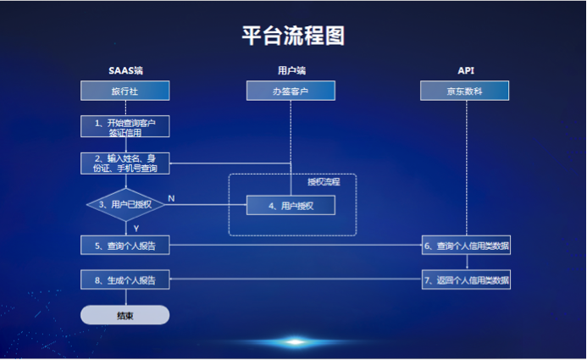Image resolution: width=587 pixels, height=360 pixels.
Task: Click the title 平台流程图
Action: click(x=293, y=36)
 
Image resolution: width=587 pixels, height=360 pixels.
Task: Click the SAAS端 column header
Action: click(x=125, y=69)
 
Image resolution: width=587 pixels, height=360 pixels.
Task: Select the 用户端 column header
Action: click(x=291, y=69)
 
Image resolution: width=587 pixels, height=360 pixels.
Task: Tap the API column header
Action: click(x=465, y=69)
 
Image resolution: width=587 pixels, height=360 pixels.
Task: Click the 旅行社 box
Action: click(x=125, y=91)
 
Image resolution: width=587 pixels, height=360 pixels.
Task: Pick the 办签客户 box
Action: click(x=291, y=91)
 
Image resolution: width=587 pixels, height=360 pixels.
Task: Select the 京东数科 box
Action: click(x=465, y=91)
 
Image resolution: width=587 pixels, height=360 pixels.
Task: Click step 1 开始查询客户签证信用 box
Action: click(x=125, y=127)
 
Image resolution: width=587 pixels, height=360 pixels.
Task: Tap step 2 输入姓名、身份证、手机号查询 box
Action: click(x=125, y=163)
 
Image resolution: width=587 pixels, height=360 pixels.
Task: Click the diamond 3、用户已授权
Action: click(x=125, y=204)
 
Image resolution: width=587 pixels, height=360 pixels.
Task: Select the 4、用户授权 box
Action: click(x=291, y=205)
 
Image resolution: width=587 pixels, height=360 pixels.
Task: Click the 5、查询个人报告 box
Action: click(x=125, y=246)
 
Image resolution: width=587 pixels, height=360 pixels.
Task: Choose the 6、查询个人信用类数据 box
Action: click(x=467, y=246)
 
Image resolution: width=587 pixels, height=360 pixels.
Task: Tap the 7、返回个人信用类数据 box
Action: click(x=467, y=280)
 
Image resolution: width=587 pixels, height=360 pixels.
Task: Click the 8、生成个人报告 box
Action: click(x=125, y=280)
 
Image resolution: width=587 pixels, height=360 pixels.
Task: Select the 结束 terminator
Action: click(x=125, y=315)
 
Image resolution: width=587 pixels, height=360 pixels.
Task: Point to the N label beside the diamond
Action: click(x=171, y=198)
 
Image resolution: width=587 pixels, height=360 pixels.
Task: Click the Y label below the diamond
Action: click(x=136, y=227)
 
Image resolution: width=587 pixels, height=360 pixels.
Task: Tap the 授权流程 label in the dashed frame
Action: click(x=323, y=182)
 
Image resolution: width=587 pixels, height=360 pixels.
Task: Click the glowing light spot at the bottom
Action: click(x=294, y=342)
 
